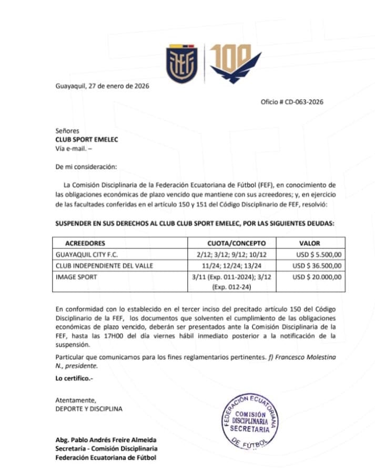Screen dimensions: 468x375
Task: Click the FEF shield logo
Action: (182, 65)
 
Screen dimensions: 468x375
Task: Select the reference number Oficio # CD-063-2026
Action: (292, 102)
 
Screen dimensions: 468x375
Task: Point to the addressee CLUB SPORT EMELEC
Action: (87, 139)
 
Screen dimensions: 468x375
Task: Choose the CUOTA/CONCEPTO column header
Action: (240, 243)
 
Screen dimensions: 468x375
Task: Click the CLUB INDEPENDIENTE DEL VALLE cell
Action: (104, 266)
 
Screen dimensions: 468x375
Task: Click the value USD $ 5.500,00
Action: (318, 254)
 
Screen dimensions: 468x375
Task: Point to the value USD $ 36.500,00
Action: (317, 266)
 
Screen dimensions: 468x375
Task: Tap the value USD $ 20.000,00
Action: (317, 277)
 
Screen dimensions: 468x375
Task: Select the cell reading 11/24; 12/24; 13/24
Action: (240, 266)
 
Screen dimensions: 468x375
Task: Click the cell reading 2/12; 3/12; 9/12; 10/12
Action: (240, 254)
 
